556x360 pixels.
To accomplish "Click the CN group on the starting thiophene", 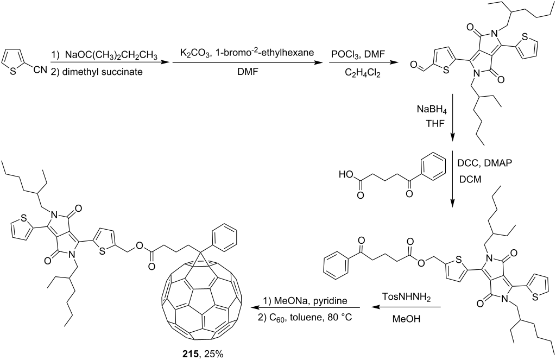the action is (40, 70).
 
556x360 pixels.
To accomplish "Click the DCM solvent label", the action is (470, 180).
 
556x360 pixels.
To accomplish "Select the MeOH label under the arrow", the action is (406, 319).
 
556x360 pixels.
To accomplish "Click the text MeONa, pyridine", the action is (305, 300).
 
